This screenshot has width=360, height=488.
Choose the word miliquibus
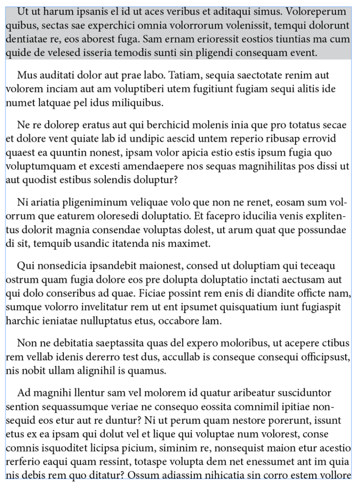click(138, 102)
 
